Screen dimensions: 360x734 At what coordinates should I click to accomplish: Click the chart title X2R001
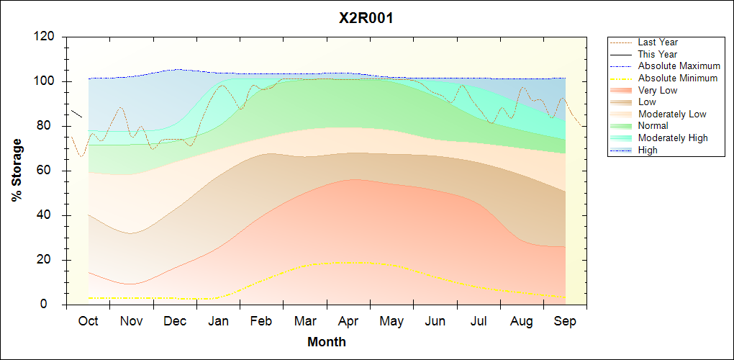pyautogui.click(x=366, y=18)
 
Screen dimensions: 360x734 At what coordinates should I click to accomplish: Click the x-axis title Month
pyautogui.click(x=327, y=342)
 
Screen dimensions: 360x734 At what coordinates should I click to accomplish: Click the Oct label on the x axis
pyautogui.click(x=88, y=321)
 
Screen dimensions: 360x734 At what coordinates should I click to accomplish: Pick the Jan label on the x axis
pyautogui.click(x=218, y=321)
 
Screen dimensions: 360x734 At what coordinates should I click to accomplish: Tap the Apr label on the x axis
pyautogui.click(x=348, y=321)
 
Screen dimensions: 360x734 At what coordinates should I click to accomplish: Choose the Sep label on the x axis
pyautogui.click(x=565, y=321)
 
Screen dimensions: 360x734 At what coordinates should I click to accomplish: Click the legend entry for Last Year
pyautogui.click(x=658, y=42)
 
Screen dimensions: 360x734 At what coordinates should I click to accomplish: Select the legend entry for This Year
pyautogui.click(x=658, y=55)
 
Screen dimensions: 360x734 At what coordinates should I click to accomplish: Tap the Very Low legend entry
pyautogui.click(x=658, y=90)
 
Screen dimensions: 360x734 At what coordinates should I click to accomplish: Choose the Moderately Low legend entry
pyautogui.click(x=672, y=114)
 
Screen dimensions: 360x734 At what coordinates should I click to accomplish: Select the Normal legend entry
pyautogui.click(x=653, y=126)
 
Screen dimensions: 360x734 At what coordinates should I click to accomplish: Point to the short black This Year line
pyautogui.click(x=76, y=114)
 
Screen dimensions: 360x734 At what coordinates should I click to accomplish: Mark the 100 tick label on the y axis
pyautogui.click(x=47, y=81)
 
